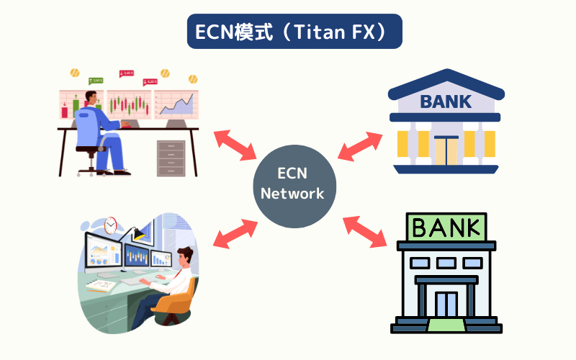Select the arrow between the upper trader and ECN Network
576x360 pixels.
point(235,145)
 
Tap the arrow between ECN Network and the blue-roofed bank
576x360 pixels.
point(361,145)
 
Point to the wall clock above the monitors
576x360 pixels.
point(110,225)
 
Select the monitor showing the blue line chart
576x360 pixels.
point(176,106)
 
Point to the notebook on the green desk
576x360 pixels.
point(101,286)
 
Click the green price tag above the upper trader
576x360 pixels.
point(95,81)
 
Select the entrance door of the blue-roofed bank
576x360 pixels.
point(445,152)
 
